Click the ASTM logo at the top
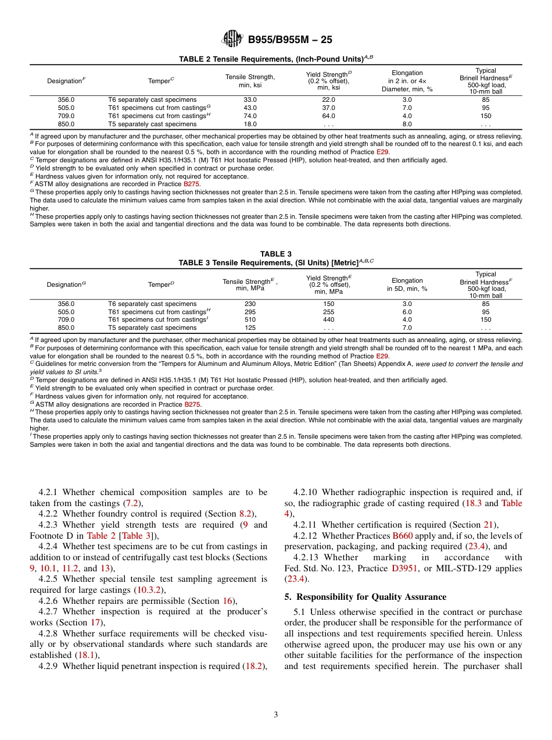(x=233, y=40)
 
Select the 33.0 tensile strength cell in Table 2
(x=250, y=99)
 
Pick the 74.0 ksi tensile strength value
(x=250, y=116)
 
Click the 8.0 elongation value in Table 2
(x=407, y=124)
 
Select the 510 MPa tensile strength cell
(x=250, y=319)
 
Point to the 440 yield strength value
(x=328, y=319)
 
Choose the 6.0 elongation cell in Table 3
(x=407, y=311)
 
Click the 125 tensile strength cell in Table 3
(x=250, y=328)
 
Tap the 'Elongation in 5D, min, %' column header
(x=407, y=284)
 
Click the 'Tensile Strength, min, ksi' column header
(x=250, y=81)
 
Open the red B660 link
(x=402, y=535)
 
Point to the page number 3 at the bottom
(x=276, y=715)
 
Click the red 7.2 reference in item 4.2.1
(x=132, y=503)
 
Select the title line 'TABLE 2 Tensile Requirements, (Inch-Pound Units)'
(x=275, y=59)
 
